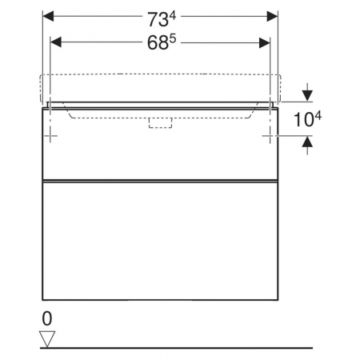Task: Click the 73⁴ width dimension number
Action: [162, 19]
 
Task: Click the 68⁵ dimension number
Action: [162, 42]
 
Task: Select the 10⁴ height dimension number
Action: [307, 119]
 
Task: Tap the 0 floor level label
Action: [47, 318]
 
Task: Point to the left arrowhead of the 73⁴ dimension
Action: [48, 17]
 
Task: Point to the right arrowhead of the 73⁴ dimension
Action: [272, 17]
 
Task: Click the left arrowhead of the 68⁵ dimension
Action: [56, 42]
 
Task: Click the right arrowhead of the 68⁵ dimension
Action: [265, 42]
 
